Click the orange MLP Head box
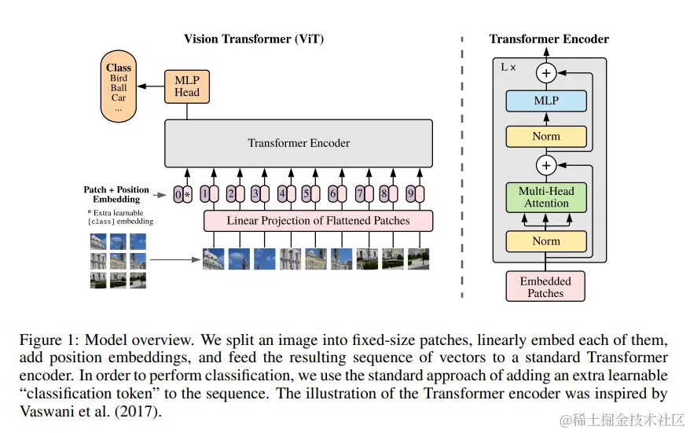pos(186,86)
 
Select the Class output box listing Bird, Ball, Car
pos(119,86)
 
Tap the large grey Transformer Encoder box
pos(299,143)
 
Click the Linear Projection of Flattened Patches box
pos(318,221)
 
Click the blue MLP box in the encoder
pos(546,101)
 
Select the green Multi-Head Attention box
pos(546,197)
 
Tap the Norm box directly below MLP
pos(546,136)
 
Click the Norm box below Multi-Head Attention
pos(546,241)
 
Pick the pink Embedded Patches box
pos(545,287)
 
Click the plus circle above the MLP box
pos(546,73)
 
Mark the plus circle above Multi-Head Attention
pos(546,166)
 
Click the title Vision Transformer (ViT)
pos(254,39)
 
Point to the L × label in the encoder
pos(508,68)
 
